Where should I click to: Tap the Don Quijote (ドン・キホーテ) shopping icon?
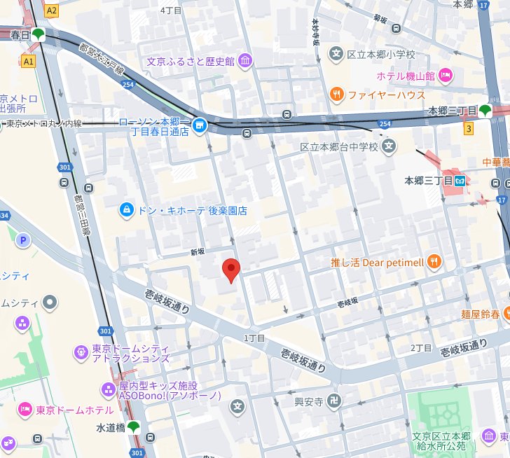[126, 209]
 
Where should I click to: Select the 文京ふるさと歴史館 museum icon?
[245, 61]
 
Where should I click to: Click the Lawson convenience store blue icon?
[200, 125]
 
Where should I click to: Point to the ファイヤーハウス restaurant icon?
[337, 94]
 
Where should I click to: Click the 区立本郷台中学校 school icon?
[390, 146]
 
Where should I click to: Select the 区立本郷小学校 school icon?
[337, 54]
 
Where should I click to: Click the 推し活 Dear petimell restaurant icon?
[434, 263]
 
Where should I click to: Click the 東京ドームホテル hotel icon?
[25, 408]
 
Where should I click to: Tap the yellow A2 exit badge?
[51, 11]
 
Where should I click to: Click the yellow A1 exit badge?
[28, 62]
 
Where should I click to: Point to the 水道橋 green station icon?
[133, 426]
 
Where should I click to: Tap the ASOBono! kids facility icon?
[109, 389]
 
